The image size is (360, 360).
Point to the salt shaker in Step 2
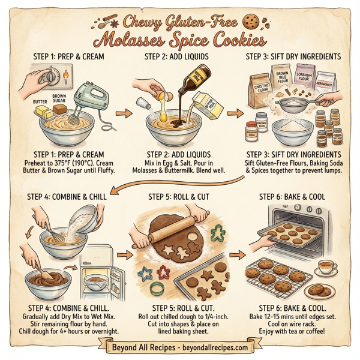click(x=142, y=102)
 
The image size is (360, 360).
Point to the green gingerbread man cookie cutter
click(x=209, y=244)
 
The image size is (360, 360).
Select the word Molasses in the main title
click(x=139, y=43)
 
